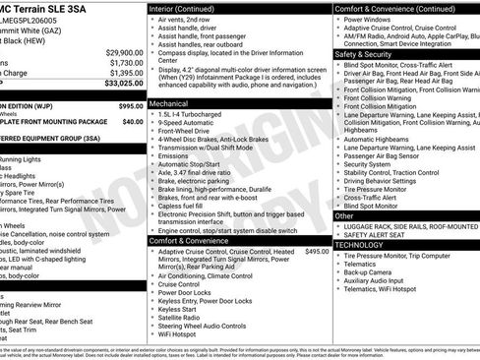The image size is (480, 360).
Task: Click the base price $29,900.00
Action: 121,51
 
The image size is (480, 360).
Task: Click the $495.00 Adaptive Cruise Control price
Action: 317,252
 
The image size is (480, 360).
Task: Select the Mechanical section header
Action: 169,102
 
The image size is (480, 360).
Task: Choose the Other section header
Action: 345,214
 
